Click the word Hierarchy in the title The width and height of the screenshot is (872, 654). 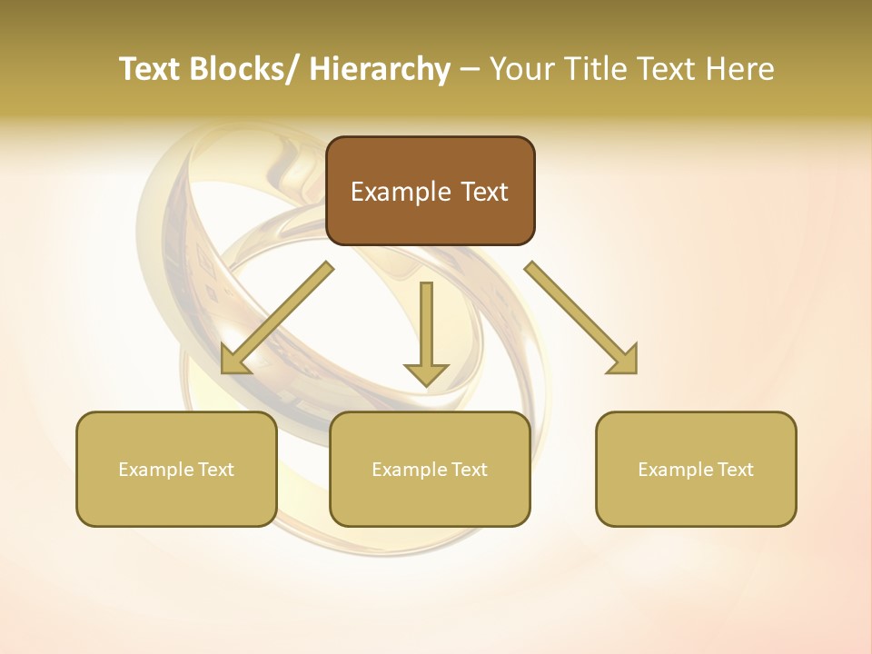point(380,69)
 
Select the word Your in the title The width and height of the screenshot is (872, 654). point(521,69)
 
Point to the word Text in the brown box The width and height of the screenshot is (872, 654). point(484,193)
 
